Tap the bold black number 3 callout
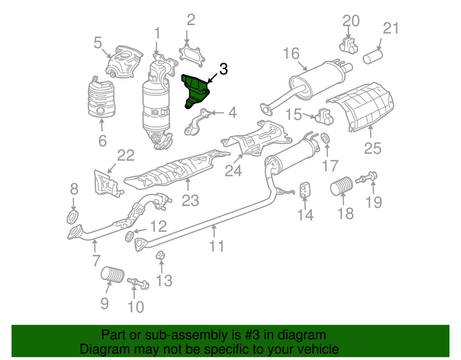pos(223,69)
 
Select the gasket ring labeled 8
pos(72,217)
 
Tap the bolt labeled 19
pos(367,180)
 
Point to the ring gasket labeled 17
pos(325,139)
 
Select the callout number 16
pos(291,53)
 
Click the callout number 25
pos(372,148)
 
